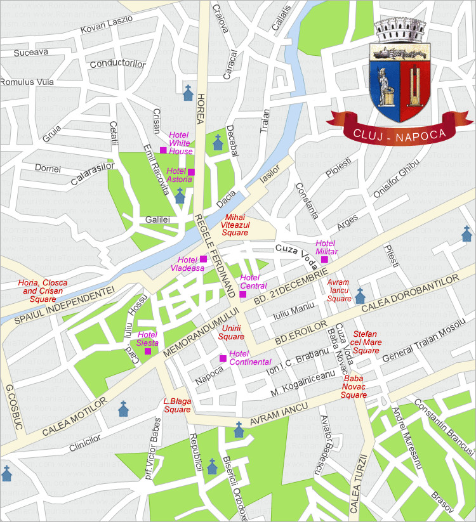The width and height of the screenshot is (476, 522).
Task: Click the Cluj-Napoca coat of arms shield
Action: click(400, 82)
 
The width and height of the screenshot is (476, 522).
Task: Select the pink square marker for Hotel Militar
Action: click(324, 259)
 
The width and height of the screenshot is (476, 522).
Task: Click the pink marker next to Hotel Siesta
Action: click(148, 351)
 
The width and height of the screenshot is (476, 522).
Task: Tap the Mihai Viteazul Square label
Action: click(235, 225)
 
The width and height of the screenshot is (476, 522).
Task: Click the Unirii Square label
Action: click(231, 332)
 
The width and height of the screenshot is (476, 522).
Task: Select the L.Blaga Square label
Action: click(177, 405)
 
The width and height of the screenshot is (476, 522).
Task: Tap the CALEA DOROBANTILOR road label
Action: click(410, 294)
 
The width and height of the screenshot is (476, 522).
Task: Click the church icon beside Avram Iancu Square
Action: click(360, 296)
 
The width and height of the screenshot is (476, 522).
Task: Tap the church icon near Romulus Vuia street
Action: click(187, 93)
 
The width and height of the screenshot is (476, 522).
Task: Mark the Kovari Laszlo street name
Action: click(107, 24)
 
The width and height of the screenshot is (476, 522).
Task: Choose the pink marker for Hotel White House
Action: click(163, 150)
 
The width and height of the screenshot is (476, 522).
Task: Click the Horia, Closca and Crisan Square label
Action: click(43, 290)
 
